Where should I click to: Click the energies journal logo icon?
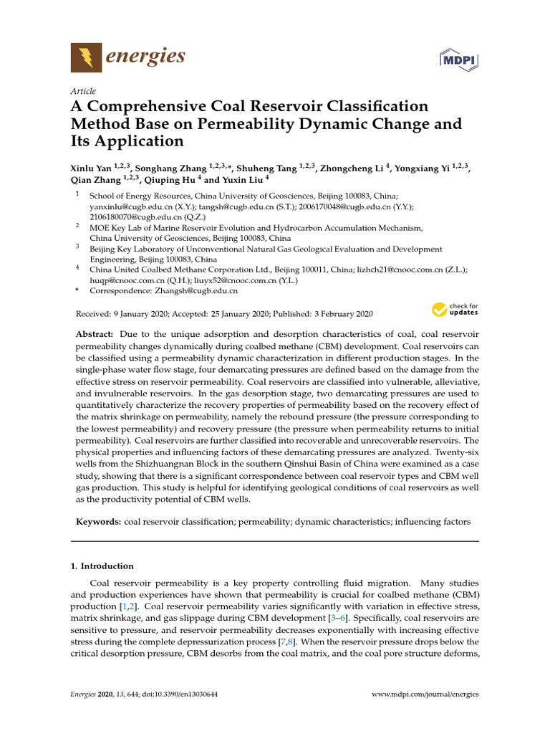click(x=86, y=57)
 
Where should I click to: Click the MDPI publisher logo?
click(x=458, y=58)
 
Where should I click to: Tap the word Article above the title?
click(x=83, y=92)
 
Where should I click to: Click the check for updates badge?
click(x=455, y=310)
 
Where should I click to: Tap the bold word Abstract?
click(x=95, y=335)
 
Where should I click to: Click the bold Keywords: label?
click(x=98, y=523)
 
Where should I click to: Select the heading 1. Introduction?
click(x=102, y=566)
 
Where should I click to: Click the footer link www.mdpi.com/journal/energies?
click(x=425, y=694)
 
